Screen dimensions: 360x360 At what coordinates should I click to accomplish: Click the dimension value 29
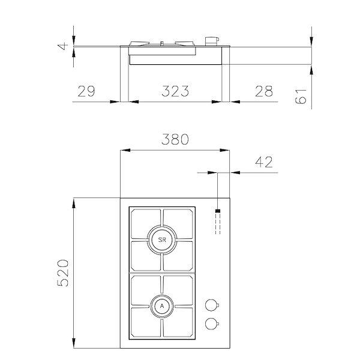(86, 91)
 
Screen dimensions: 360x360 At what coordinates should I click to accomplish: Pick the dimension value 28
(263, 91)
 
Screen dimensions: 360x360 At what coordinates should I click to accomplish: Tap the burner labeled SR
(161, 240)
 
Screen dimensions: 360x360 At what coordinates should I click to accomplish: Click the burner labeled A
(161, 306)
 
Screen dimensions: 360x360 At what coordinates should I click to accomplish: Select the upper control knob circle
(210, 303)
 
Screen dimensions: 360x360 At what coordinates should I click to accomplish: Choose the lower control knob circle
(210, 323)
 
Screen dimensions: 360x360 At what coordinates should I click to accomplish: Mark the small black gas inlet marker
(217, 212)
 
